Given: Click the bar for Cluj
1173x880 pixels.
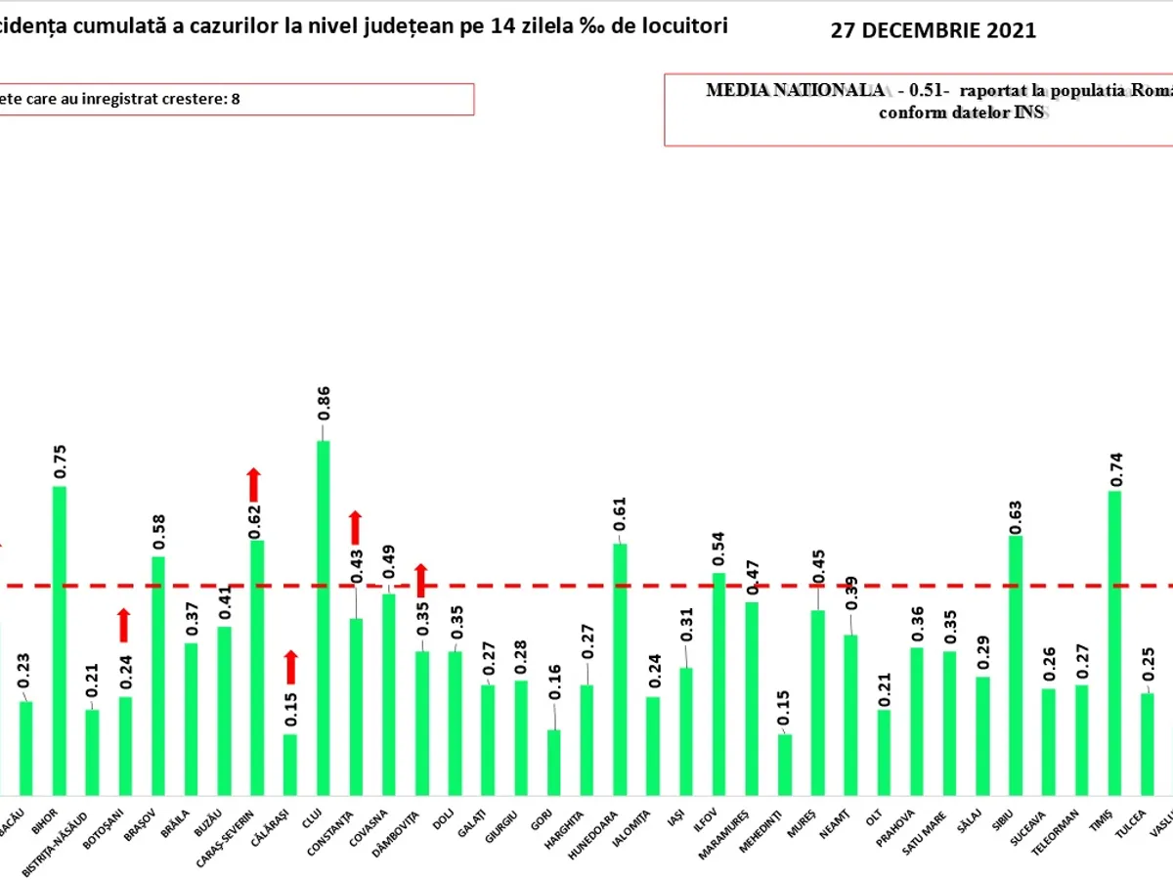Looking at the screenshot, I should click(x=323, y=616).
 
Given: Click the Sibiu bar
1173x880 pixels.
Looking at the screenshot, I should click(x=1016, y=664).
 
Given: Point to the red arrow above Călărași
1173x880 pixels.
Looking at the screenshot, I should click(x=290, y=667).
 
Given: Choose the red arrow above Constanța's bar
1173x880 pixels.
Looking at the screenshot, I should click(x=356, y=527).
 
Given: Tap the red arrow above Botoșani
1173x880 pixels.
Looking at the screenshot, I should click(x=124, y=625).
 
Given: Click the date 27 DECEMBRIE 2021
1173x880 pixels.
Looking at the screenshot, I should click(x=933, y=30).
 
